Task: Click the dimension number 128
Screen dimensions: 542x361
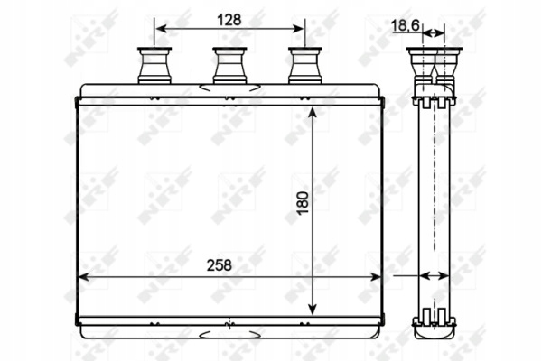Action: pos(229,20)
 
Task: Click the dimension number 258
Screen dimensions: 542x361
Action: pos(220,265)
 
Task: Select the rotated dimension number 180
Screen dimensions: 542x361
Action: pos(303,203)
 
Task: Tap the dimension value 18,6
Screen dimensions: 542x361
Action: pos(405,25)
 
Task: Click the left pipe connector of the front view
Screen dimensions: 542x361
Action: pos(154,65)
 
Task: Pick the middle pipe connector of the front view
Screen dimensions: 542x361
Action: pos(229,65)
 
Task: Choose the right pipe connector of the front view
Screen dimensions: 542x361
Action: pos(305,65)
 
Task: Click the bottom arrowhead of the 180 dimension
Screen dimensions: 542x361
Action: pos(313,309)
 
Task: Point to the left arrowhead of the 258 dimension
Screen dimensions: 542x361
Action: pos(84,277)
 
